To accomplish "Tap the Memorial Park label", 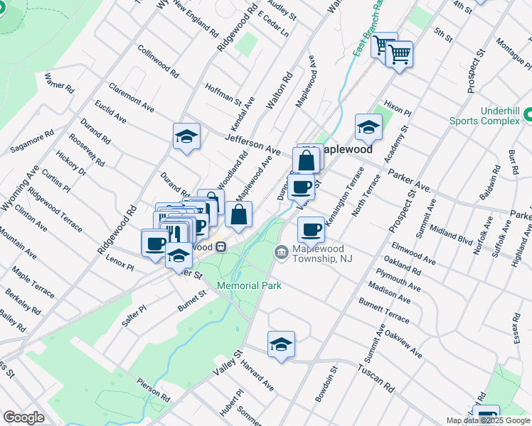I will pyautogui.click(x=250, y=285).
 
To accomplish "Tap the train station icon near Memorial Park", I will pyautogui.click(x=221, y=247).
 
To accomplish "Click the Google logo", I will pyautogui.click(x=23, y=417).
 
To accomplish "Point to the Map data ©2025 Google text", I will pyautogui.click(x=488, y=420).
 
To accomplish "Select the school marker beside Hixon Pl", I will pyautogui.click(x=368, y=128).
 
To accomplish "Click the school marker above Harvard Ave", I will pyautogui.click(x=281, y=345).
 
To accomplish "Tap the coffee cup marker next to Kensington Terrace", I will pyautogui.click(x=311, y=230).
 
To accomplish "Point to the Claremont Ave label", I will pyautogui.click(x=131, y=97).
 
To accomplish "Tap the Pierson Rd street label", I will pyautogui.click(x=154, y=388).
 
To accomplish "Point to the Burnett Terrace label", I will pyautogui.click(x=383, y=312).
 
